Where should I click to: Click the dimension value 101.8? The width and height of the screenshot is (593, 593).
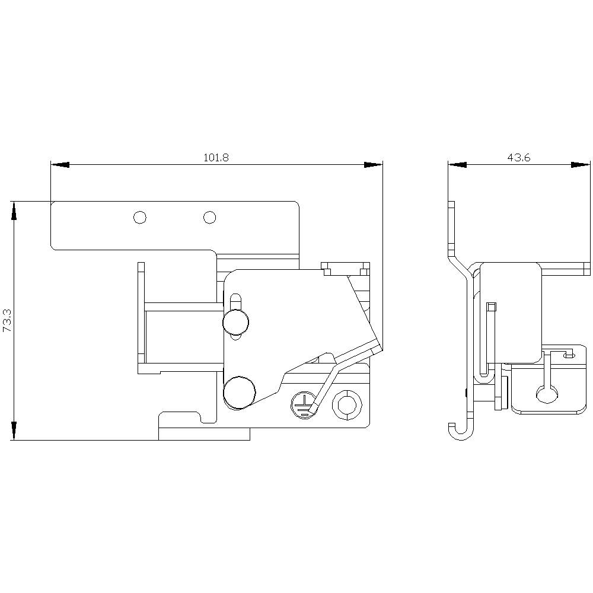(216, 158)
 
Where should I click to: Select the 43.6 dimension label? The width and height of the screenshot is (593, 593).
(519, 158)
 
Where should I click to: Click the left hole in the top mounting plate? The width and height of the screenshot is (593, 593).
(140, 218)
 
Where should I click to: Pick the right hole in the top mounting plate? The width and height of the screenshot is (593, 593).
(209, 218)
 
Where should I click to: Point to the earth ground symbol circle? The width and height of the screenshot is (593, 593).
(302, 405)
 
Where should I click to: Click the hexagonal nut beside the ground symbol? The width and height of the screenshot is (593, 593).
(347, 404)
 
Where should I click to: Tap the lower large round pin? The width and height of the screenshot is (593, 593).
(240, 392)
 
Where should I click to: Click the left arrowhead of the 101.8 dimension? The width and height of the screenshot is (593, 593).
(60, 164)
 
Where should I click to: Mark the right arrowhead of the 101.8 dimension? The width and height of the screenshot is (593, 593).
(374, 164)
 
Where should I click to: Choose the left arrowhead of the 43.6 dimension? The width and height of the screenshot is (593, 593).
(457, 164)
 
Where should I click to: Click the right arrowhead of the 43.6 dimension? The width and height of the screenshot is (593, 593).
(582, 164)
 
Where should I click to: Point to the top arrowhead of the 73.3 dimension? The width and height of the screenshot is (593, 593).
(14, 211)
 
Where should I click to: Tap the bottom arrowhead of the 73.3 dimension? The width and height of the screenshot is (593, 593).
(14, 431)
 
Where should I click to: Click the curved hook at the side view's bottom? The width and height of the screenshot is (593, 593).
(460, 432)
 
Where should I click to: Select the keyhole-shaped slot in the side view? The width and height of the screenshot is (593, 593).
(546, 388)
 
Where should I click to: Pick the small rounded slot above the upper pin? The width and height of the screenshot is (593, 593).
(235, 301)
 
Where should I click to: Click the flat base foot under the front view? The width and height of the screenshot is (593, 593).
(204, 435)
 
